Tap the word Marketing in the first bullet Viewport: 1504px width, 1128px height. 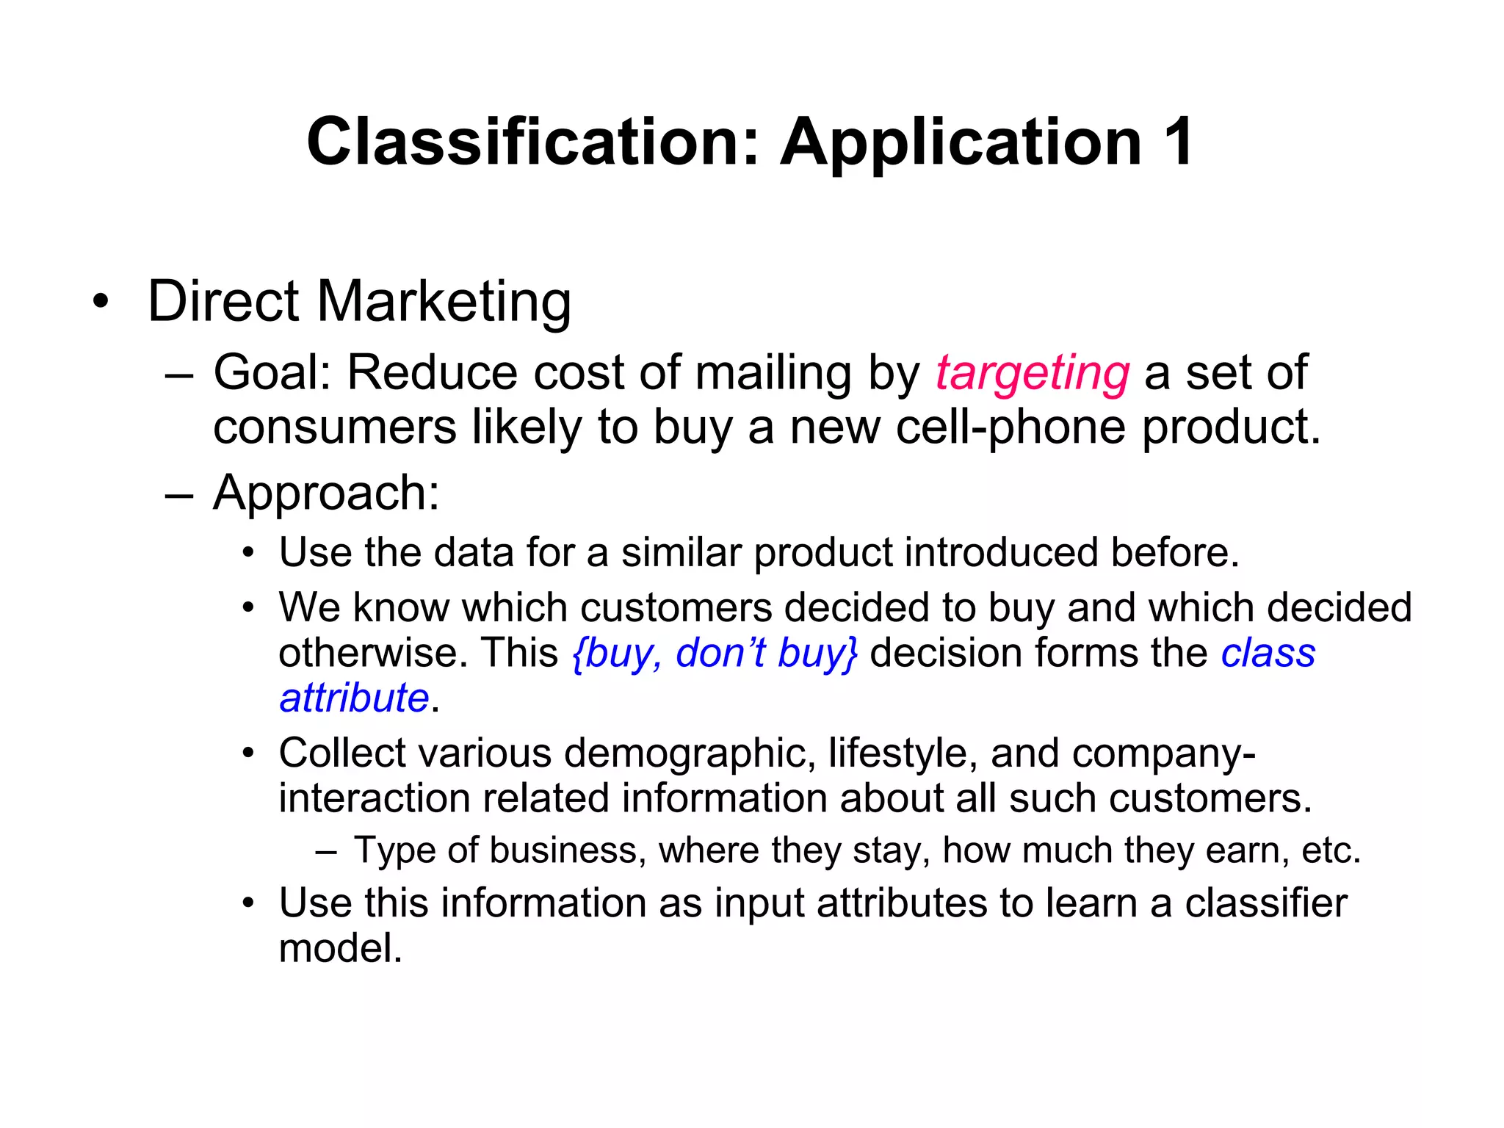click(x=444, y=302)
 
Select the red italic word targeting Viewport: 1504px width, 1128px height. click(x=1032, y=373)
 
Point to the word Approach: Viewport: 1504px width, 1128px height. click(x=326, y=492)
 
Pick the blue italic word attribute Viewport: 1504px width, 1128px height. click(x=354, y=698)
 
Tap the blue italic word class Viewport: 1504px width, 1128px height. click(x=1268, y=653)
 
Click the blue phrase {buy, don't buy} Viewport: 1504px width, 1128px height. click(x=715, y=653)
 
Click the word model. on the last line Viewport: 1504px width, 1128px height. click(x=341, y=948)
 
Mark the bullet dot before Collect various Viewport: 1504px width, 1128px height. click(x=249, y=754)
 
